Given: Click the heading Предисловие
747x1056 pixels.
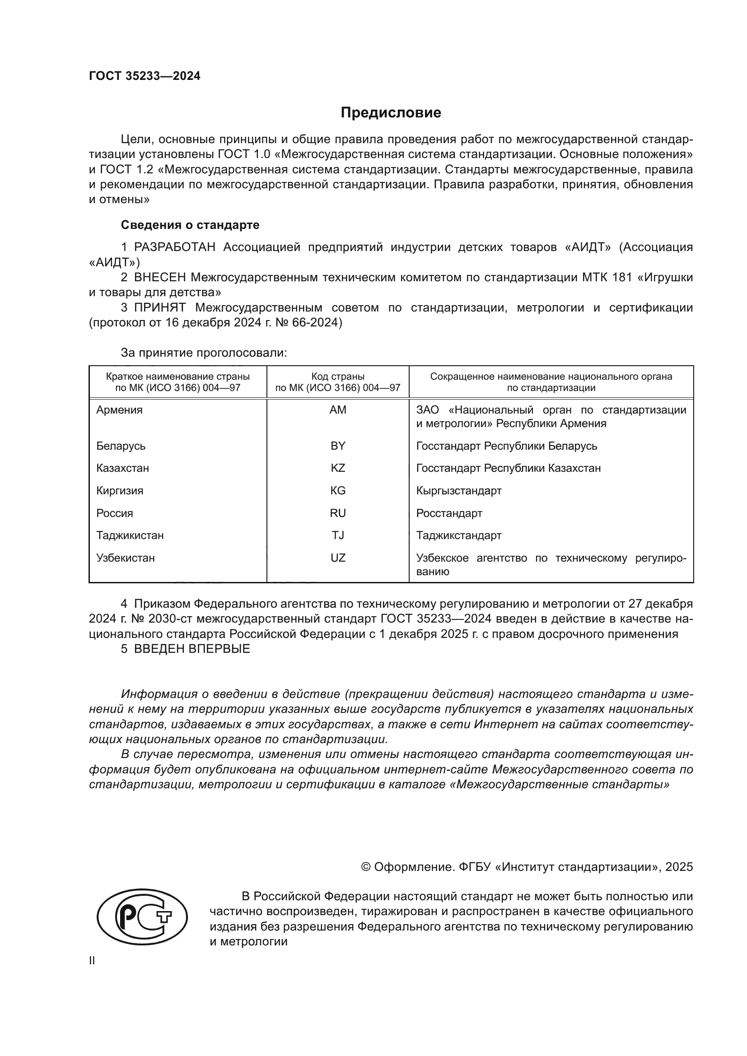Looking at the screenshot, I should (x=391, y=113).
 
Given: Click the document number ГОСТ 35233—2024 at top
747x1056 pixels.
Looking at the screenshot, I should (x=145, y=76).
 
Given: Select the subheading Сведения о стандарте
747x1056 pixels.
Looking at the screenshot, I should (x=190, y=225).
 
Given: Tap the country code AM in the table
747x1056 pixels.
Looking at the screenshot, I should (x=338, y=410).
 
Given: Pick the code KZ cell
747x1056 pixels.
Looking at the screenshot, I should (x=338, y=468).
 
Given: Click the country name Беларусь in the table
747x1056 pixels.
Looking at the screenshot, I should (x=121, y=446).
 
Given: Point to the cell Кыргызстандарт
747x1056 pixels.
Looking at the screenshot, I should (x=458, y=491).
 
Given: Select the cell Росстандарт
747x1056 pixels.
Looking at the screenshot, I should (x=449, y=513).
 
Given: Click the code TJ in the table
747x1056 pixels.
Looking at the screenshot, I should (x=338, y=535).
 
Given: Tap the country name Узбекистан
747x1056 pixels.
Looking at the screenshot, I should (x=125, y=558).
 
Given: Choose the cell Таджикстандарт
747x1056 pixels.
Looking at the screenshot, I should (x=458, y=535).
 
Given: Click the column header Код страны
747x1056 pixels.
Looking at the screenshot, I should (x=338, y=377).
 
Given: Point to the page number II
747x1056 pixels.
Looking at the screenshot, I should (x=92, y=961).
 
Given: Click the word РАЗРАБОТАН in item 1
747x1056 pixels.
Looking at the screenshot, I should (x=174, y=247).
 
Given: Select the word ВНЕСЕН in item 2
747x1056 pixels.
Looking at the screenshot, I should (x=159, y=278).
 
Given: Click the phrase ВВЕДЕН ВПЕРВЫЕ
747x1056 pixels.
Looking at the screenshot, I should (x=192, y=649).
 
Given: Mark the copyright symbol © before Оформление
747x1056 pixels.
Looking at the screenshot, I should (x=366, y=867).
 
